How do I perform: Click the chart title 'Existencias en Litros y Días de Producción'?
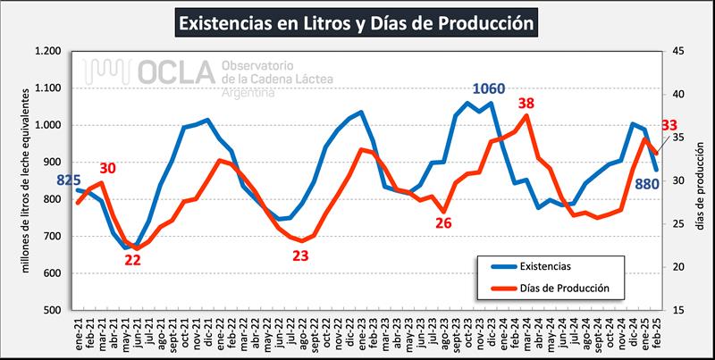[357, 20]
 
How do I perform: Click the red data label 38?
[526, 104]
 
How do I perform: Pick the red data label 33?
[669, 126]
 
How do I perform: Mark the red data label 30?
[108, 167]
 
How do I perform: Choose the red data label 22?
[132, 260]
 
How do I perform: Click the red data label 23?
[301, 255]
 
